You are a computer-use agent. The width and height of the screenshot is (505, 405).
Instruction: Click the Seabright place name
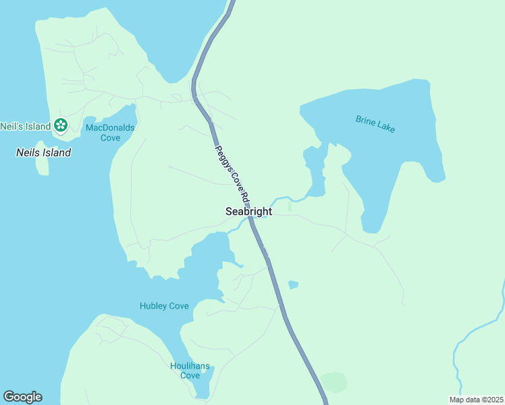[x=248, y=211]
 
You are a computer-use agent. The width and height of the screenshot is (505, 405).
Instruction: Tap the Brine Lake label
[x=375, y=124]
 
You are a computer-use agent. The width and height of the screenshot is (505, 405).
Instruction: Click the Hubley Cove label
[x=164, y=306]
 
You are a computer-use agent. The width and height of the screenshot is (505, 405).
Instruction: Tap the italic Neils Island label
[x=43, y=153]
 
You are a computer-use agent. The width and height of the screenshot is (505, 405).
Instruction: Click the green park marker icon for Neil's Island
[x=61, y=125]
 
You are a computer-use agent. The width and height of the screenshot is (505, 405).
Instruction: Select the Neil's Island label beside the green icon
[x=26, y=126]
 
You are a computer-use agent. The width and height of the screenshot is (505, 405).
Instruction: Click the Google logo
[x=22, y=397]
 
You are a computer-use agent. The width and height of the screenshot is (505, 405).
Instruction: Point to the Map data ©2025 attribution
[x=476, y=400]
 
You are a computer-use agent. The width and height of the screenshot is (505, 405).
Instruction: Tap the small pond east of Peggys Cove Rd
[x=293, y=285]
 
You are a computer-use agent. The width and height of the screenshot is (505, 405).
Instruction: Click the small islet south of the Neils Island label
[x=42, y=167]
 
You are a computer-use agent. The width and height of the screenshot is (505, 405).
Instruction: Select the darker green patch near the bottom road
[x=334, y=382]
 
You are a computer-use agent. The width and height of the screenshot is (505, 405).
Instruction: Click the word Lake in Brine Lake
[x=386, y=128]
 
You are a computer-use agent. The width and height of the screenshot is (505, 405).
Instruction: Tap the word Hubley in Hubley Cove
[x=153, y=306]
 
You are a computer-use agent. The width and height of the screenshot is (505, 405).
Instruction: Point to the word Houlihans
[x=184, y=367]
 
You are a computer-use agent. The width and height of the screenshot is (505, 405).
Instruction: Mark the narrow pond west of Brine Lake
[x=315, y=172]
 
